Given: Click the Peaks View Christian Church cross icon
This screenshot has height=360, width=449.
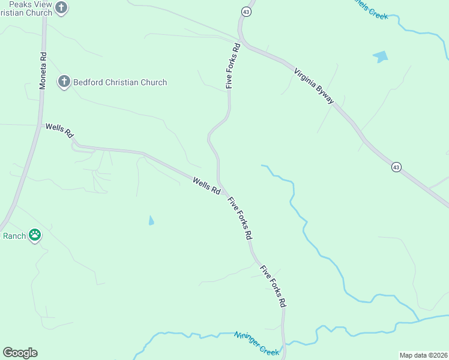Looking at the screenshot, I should pos(61,8).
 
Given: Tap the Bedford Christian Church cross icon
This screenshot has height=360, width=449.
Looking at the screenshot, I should pos(64,82).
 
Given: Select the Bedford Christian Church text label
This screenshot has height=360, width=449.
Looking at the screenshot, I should pos(120,82).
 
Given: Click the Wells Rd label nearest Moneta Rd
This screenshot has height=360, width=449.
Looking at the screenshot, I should pos(59,130).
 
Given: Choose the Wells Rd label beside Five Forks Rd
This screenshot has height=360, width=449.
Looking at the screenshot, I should pos(206,185).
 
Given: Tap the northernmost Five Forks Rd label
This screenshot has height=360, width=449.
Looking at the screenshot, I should pos(233,66).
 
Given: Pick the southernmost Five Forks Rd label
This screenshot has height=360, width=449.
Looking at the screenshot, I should pos(273,287).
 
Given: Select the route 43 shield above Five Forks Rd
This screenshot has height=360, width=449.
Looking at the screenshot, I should pos(246,11).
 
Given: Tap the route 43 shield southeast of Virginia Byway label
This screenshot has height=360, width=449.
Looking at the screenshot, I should pos(396,167).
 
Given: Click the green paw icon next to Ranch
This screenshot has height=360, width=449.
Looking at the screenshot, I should pos(35,236).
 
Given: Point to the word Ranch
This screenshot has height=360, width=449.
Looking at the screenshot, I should pos(14,236).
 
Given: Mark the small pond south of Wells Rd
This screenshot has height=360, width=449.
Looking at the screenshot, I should pos(151,221).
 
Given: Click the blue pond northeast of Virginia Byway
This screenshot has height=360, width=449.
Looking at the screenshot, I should pos(381,57).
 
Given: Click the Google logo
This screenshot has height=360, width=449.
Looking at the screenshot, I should pos(20,353).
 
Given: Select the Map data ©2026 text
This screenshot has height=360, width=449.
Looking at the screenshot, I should pos(423,355).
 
